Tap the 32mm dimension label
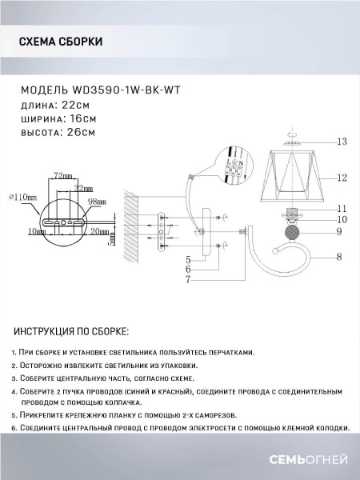tap(77, 188)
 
